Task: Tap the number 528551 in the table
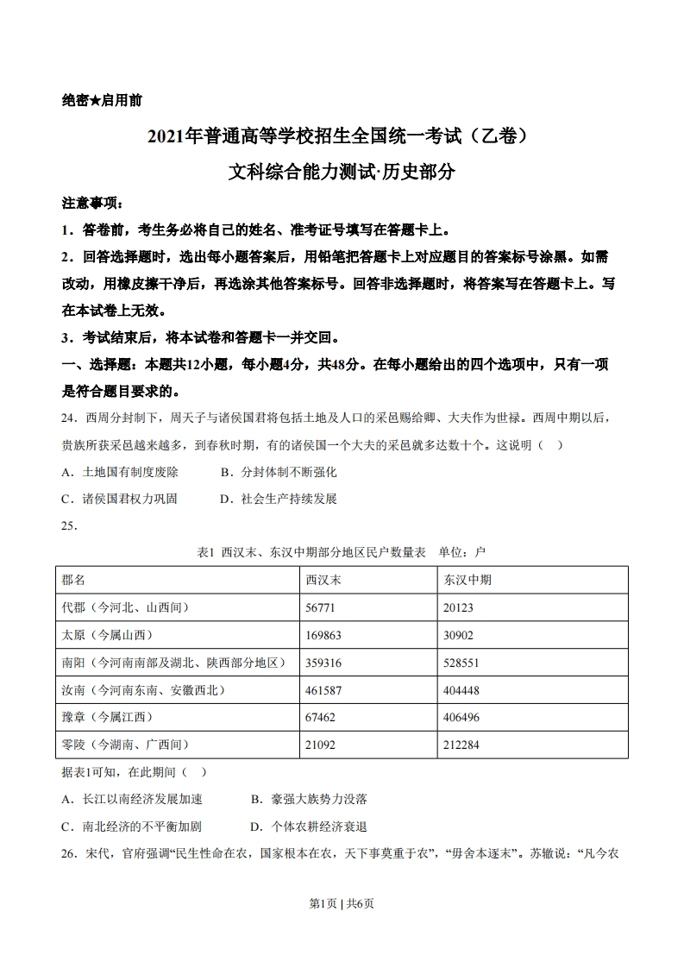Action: click(461, 663)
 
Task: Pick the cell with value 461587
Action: click(323, 690)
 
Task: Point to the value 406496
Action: click(461, 717)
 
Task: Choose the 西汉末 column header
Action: click(323, 580)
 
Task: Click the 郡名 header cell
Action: click(74, 580)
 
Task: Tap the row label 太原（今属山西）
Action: click(107, 635)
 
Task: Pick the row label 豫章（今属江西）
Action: click(107, 717)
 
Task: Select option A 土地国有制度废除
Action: click(120, 472)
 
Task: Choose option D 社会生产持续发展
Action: click(279, 499)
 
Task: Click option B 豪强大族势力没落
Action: click(309, 799)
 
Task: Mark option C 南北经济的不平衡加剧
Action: click(131, 826)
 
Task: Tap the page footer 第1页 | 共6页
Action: click(342, 903)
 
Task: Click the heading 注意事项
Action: click(92, 204)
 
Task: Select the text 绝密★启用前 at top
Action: click(102, 100)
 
